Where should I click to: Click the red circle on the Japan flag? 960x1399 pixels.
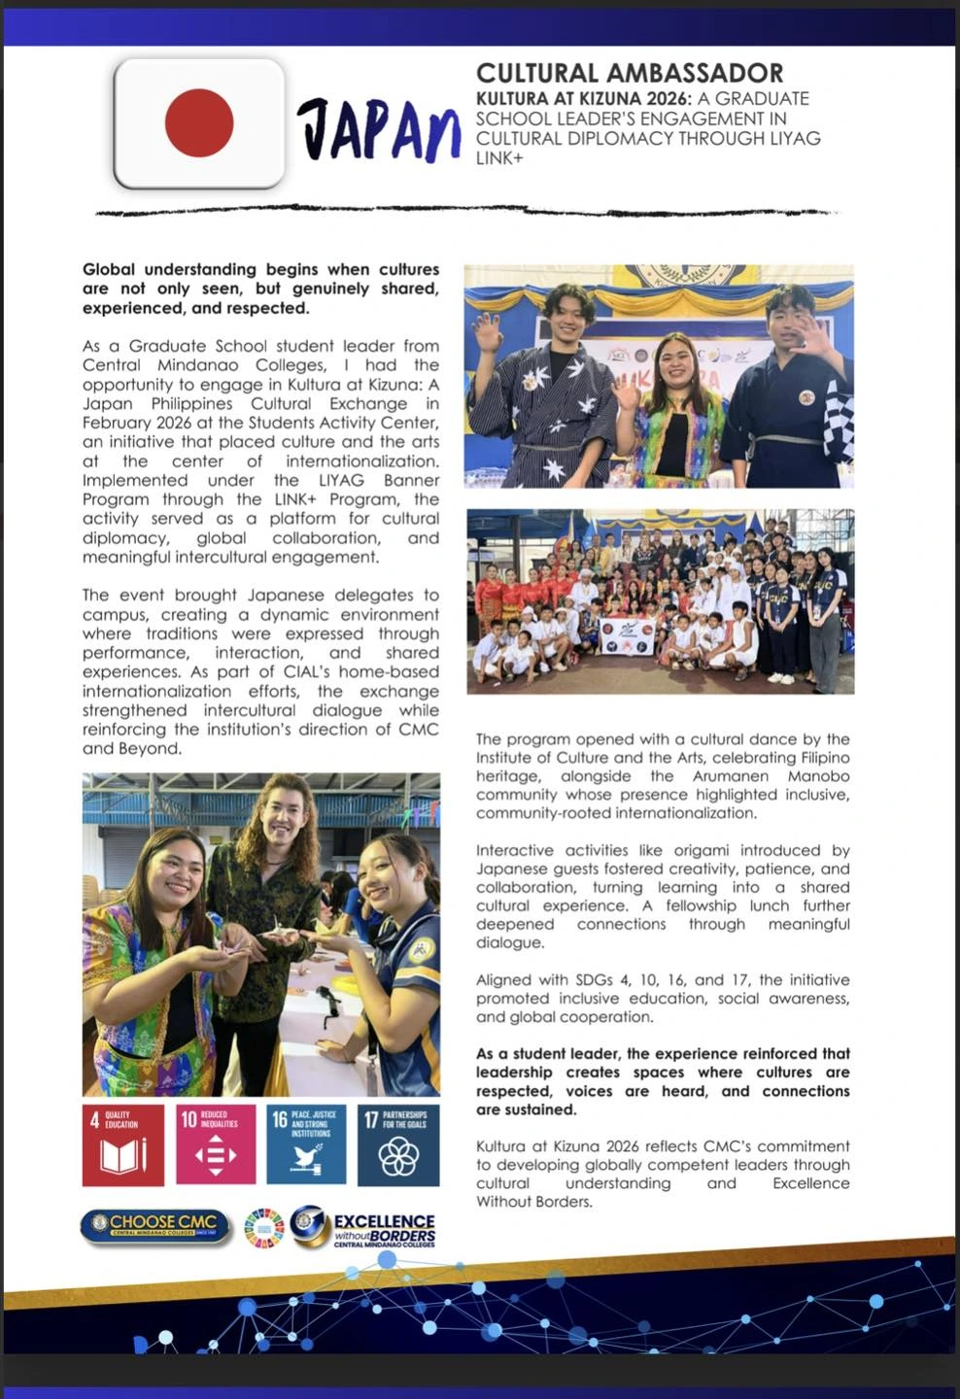coord(199,122)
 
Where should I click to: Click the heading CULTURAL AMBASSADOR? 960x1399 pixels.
coord(630,73)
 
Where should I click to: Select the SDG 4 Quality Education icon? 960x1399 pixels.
coord(122,1144)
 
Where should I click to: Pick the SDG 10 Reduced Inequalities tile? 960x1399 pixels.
coord(216,1144)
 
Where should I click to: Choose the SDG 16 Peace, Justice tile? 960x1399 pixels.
coord(306,1144)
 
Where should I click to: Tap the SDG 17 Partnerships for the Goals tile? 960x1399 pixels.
coord(398,1144)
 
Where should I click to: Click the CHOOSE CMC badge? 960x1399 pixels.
coord(155,1225)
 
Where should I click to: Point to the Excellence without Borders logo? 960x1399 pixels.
coord(364,1228)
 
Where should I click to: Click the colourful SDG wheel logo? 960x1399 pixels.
coord(263,1228)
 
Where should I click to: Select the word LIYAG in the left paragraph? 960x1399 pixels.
coord(353,480)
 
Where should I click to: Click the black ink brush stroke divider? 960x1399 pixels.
coord(466,211)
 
